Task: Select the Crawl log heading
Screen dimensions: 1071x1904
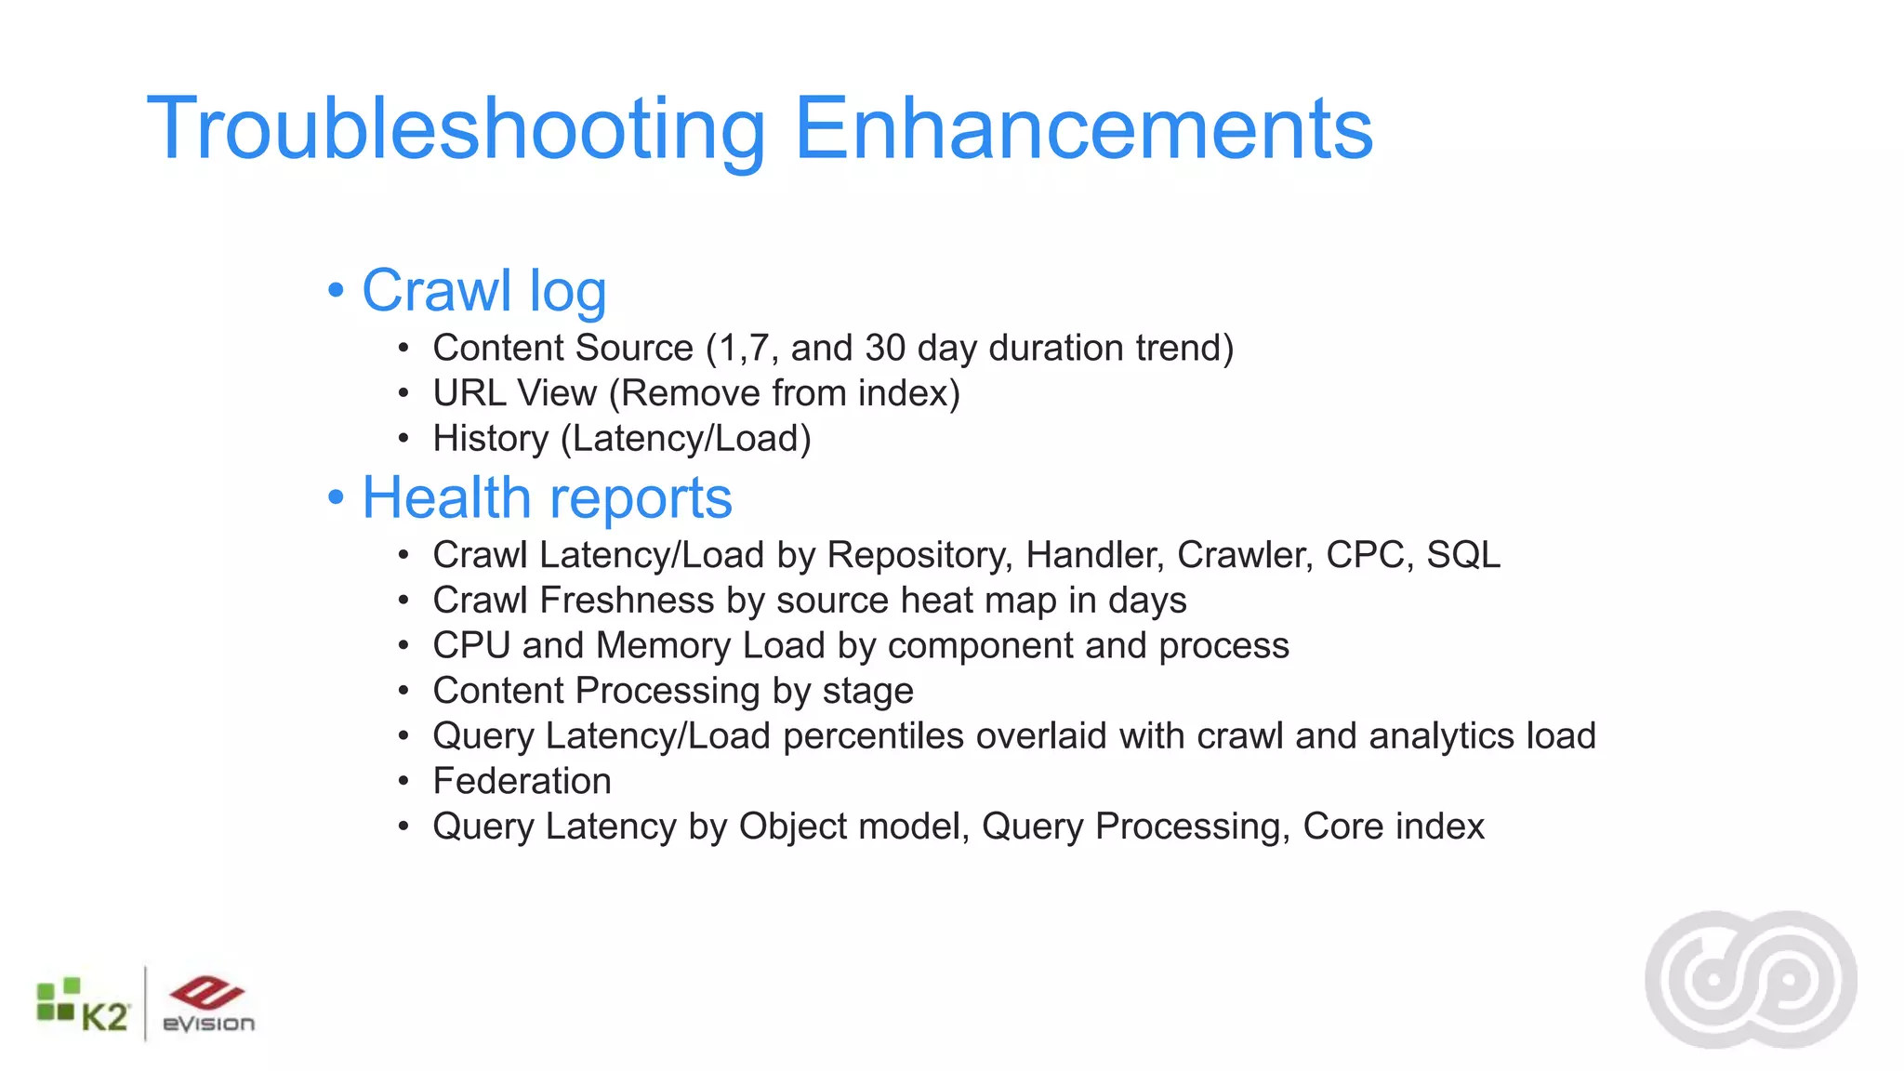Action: (483, 290)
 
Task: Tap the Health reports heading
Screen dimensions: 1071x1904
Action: (547, 497)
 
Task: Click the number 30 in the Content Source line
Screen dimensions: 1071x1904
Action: (884, 348)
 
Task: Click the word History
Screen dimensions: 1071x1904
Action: (491, 439)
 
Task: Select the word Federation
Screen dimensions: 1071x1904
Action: (522, 781)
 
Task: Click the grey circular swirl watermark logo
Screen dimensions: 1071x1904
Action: (1751, 979)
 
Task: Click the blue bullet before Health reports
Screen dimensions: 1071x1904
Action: (337, 498)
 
